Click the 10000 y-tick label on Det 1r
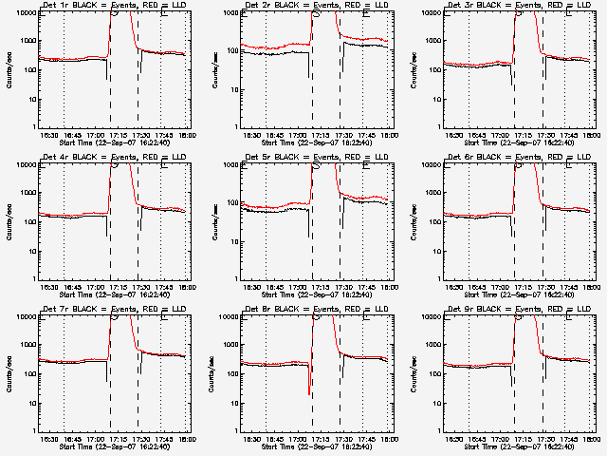[26, 13]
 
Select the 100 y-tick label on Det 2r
[232, 70]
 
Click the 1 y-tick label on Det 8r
[236, 429]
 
